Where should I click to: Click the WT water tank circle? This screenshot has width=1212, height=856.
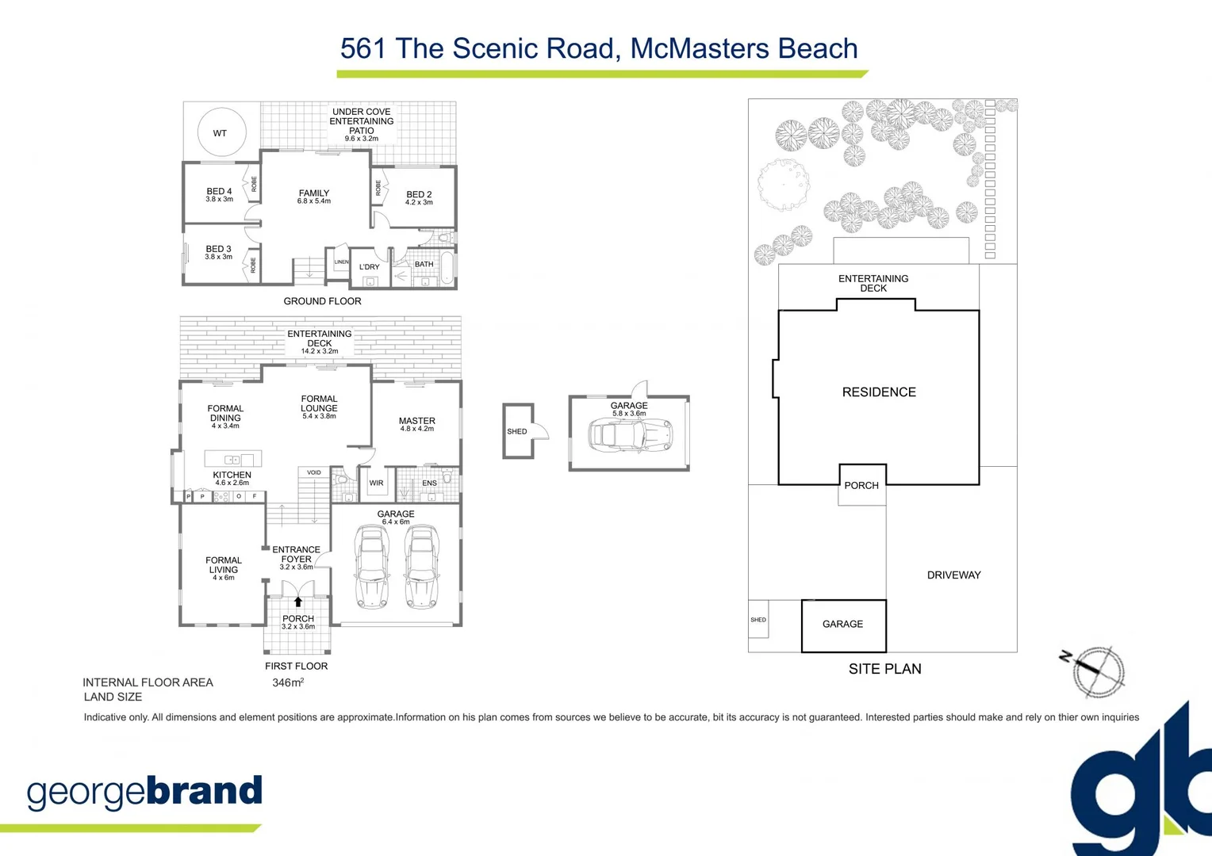(221, 132)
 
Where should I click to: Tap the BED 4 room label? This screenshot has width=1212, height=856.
(219, 192)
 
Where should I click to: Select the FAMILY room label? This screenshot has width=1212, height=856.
(314, 193)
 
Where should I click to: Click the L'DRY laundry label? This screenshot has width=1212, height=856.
(370, 267)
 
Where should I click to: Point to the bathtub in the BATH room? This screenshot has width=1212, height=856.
(447, 266)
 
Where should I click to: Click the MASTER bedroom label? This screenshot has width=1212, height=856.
(417, 422)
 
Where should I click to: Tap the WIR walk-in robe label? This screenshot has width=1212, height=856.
(376, 483)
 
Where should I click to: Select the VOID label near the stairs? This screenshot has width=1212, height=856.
(314, 472)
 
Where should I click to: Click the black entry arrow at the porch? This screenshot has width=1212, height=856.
(298, 602)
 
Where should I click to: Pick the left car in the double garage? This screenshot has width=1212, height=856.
(371, 566)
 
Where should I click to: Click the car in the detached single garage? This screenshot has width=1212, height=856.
(631, 435)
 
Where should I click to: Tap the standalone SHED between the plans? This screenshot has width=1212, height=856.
(518, 431)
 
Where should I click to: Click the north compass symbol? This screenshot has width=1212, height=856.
(1097, 671)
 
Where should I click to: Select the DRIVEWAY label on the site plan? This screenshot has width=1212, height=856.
(953, 575)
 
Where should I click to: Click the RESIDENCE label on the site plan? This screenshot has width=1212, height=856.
(879, 392)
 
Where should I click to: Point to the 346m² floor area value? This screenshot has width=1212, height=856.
(288, 682)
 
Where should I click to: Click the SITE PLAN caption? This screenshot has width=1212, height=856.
(884, 669)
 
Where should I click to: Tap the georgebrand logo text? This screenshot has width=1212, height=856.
(144, 792)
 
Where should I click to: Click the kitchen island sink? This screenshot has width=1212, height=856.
(232, 460)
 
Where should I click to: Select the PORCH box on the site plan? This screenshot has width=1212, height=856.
(861, 485)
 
